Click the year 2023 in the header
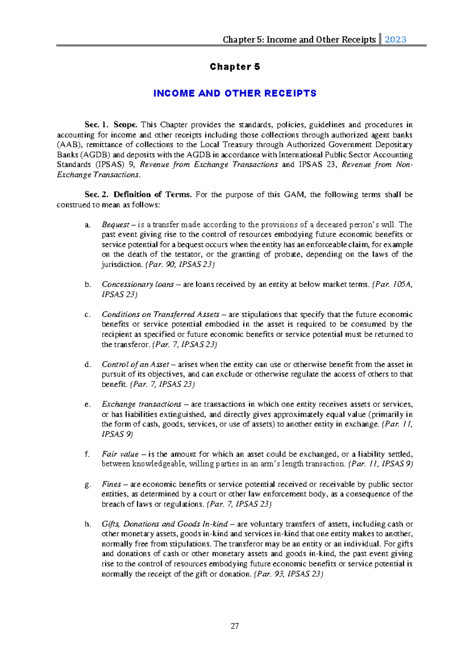[395, 40]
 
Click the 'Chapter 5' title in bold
[235, 67]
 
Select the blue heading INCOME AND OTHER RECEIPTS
[235, 94]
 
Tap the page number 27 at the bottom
[235, 626]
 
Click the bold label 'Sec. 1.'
[96, 125]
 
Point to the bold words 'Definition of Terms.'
[152, 195]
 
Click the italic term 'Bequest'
[115, 225]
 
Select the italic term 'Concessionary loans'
[137, 284]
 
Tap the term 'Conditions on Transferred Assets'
[160, 314]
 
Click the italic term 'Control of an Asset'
[135, 364]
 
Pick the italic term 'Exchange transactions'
[141, 404]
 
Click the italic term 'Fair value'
[120, 454]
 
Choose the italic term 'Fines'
[111, 484]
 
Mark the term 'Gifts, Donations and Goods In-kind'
[164, 524]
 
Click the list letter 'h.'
[88, 524]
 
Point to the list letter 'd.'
[88, 364]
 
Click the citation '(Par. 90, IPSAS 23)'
[180, 265]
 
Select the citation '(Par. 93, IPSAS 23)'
[288, 574]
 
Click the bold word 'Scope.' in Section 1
[125, 125]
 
